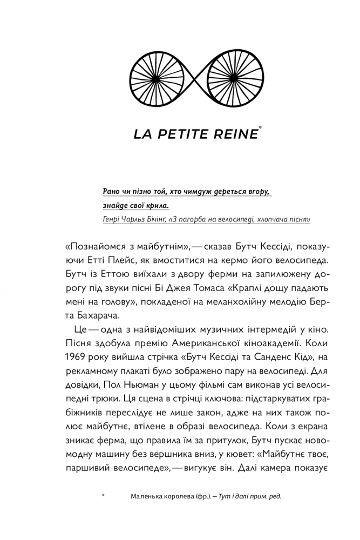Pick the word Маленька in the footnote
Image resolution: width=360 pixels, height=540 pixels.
(x=148, y=497)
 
